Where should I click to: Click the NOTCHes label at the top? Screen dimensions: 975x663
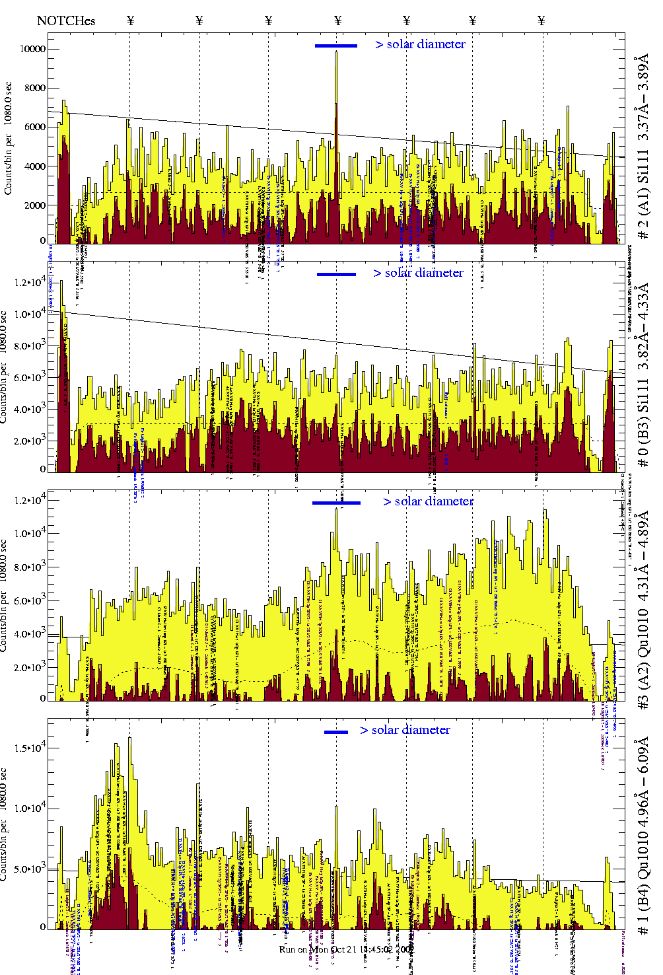click(66, 20)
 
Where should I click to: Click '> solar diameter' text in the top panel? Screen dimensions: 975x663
click(420, 44)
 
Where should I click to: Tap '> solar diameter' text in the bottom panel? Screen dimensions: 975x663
click(405, 730)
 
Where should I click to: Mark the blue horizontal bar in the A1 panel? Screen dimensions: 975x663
click(335, 46)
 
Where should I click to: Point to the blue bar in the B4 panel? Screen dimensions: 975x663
click(335, 732)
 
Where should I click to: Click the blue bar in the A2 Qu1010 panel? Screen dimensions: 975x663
click(336, 503)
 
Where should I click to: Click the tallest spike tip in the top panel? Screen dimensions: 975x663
click(336, 52)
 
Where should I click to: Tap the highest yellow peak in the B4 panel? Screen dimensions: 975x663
click(129, 738)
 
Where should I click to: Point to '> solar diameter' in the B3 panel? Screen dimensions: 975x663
click(418, 273)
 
